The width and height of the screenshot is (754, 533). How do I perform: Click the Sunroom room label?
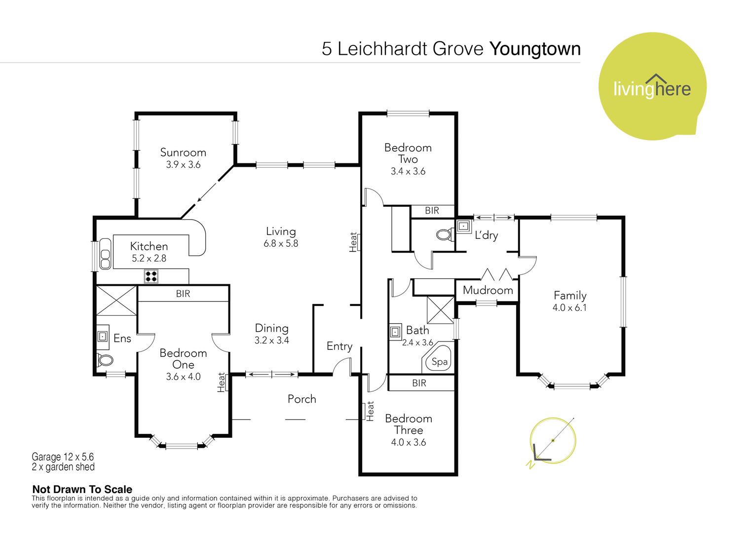click(183, 152)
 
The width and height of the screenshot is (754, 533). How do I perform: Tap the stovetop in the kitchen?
click(151, 276)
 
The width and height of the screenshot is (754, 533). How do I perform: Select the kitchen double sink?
click(105, 254)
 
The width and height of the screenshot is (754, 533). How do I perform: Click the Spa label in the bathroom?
click(440, 362)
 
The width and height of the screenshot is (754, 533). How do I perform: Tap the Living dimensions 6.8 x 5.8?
click(281, 243)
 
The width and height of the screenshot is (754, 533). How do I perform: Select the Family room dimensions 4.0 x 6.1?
click(569, 307)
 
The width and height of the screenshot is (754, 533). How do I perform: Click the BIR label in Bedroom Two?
click(432, 211)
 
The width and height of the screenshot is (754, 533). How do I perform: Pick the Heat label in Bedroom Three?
click(370, 411)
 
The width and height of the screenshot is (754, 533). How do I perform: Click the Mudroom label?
click(488, 290)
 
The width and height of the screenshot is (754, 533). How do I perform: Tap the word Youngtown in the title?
click(535, 49)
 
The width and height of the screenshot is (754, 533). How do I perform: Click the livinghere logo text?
click(652, 88)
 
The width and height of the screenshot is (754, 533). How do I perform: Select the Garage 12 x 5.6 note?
click(63, 457)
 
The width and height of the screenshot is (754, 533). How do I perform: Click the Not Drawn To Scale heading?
click(82, 489)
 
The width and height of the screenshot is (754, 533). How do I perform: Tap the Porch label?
click(302, 399)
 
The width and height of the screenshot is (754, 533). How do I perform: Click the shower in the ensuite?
click(116, 301)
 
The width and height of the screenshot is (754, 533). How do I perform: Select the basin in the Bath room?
click(396, 332)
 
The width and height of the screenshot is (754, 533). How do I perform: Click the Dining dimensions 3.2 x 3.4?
click(271, 341)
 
